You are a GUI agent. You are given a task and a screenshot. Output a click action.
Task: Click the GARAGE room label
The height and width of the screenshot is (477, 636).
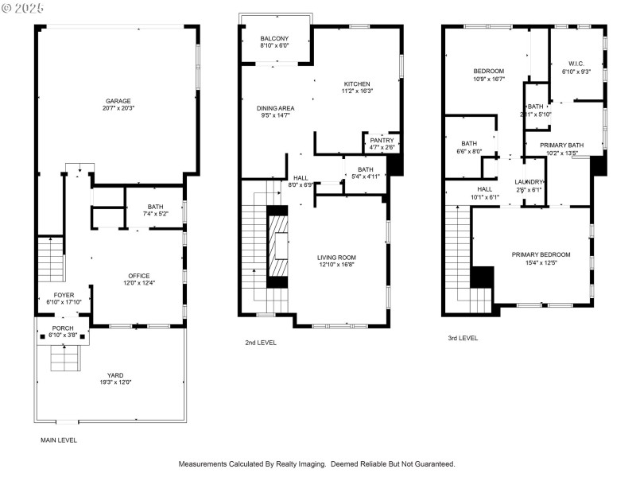(x=118, y=101)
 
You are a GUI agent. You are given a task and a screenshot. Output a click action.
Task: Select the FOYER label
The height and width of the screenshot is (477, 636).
(x=64, y=294)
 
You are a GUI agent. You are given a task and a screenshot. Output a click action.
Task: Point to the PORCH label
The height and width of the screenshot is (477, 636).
(x=63, y=328)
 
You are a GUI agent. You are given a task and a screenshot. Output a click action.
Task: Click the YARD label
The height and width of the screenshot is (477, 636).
(x=116, y=374)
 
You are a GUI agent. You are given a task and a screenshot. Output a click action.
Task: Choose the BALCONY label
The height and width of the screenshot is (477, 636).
(x=274, y=39)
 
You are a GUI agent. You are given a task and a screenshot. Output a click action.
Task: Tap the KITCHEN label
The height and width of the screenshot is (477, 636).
(x=358, y=83)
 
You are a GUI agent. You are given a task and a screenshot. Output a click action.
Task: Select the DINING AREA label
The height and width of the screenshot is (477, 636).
(x=275, y=107)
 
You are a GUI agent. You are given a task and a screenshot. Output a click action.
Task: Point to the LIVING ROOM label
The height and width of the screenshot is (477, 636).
(x=336, y=258)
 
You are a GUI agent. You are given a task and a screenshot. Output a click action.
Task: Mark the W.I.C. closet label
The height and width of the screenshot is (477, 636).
(x=576, y=64)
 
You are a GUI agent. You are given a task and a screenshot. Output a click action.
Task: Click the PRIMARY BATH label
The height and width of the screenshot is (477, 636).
(x=562, y=145)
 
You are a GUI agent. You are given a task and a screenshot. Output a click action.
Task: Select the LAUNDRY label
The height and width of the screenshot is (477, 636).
(x=529, y=181)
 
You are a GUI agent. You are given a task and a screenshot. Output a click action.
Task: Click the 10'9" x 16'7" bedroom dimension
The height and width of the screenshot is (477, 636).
(x=489, y=79)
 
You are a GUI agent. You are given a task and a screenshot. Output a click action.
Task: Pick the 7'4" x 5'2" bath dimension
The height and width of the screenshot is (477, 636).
(x=155, y=214)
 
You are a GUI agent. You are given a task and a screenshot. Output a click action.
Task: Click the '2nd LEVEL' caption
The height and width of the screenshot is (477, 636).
(x=261, y=343)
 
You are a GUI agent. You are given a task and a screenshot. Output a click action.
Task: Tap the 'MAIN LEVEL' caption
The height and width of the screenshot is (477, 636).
(x=59, y=440)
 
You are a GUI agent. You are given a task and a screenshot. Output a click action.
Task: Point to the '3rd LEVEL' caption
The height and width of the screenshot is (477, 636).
(x=463, y=338)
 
